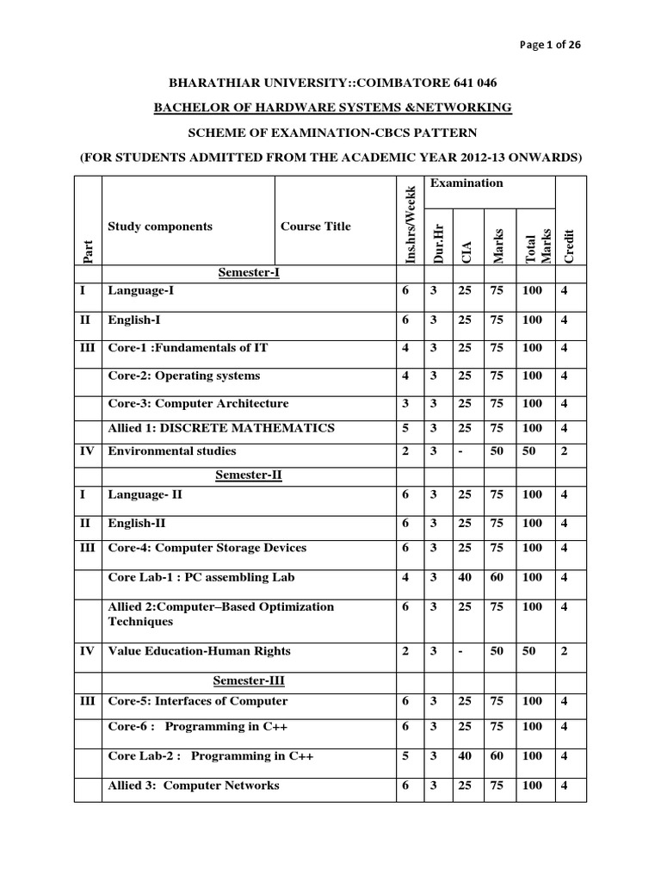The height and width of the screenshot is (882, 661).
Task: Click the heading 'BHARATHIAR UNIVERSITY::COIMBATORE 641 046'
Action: pyautogui.click(x=330, y=83)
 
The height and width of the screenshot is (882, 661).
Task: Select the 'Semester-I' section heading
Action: pyautogui.click(x=250, y=272)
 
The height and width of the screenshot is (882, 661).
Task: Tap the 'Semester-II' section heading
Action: pyautogui.click(x=249, y=476)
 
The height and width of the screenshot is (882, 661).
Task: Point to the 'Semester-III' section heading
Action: pyautogui.click(x=249, y=680)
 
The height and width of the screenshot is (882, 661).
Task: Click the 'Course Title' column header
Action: pyautogui.click(x=316, y=227)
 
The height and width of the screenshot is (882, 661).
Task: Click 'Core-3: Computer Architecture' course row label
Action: pyautogui.click(x=198, y=404)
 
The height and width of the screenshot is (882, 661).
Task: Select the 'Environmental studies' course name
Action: pyautogui.click(x=172, y=451)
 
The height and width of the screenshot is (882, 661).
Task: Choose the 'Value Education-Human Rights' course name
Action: pyautogui.click(x=199, y=652)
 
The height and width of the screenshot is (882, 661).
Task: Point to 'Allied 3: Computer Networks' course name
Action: pyautogui.click(x=194, y=786)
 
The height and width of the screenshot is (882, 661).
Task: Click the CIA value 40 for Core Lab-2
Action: pyautogui.click(x=465, y=756)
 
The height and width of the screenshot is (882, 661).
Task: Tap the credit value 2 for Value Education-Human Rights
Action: pyautogui.click(x=565, y=652)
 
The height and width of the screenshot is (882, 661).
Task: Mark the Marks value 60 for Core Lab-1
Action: pyautogui.click(x=497, y=577)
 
